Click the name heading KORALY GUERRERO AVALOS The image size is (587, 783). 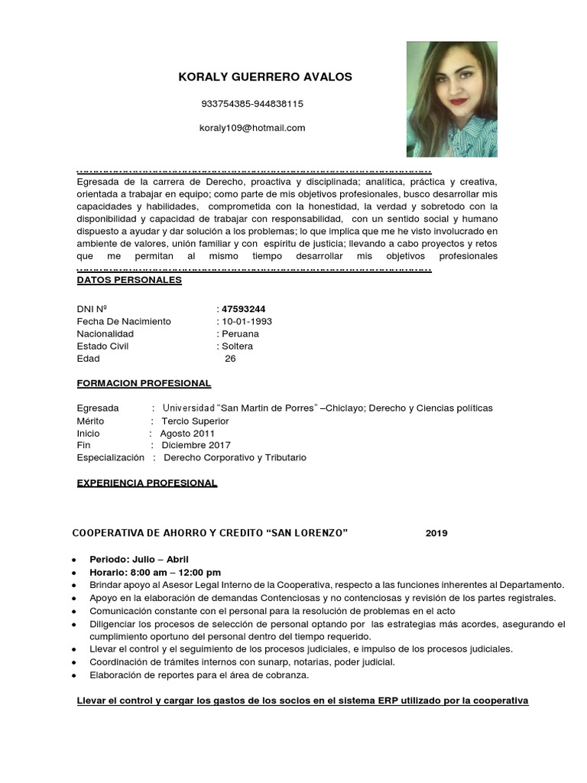(264, 77)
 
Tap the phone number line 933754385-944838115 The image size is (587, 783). (252, 103)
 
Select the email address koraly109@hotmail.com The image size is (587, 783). (252, 128)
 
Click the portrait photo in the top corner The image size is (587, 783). (452, 99)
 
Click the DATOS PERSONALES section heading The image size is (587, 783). (129, 280)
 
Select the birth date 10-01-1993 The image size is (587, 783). (247, 321)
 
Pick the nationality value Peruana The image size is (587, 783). (240, 333)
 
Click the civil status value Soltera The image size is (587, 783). (237, 346)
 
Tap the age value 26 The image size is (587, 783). (230, 358)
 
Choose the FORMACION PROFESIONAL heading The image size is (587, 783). (144, 383)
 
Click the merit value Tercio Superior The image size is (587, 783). (194, 421)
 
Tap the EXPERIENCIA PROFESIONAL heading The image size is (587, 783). (147, 482)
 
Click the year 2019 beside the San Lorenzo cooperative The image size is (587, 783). (436, 533)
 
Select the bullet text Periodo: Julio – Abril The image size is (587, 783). (139, 559)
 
